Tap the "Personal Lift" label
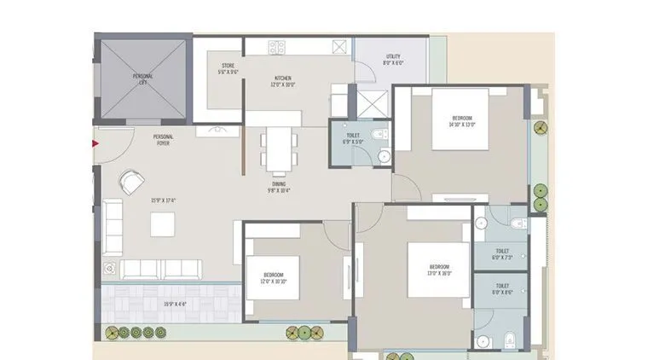pos(142,78)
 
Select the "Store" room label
pos(228,68)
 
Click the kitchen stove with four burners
pos(277,46)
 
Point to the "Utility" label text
pos(392,60)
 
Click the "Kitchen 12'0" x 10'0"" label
pos(282,80)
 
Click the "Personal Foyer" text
pos(165,140)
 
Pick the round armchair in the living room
pos(130,182)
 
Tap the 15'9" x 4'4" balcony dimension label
pos(176,304)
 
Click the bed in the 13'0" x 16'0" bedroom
pos(438,269)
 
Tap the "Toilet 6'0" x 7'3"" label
pos(501,253)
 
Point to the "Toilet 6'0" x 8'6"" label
pos(502,289)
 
